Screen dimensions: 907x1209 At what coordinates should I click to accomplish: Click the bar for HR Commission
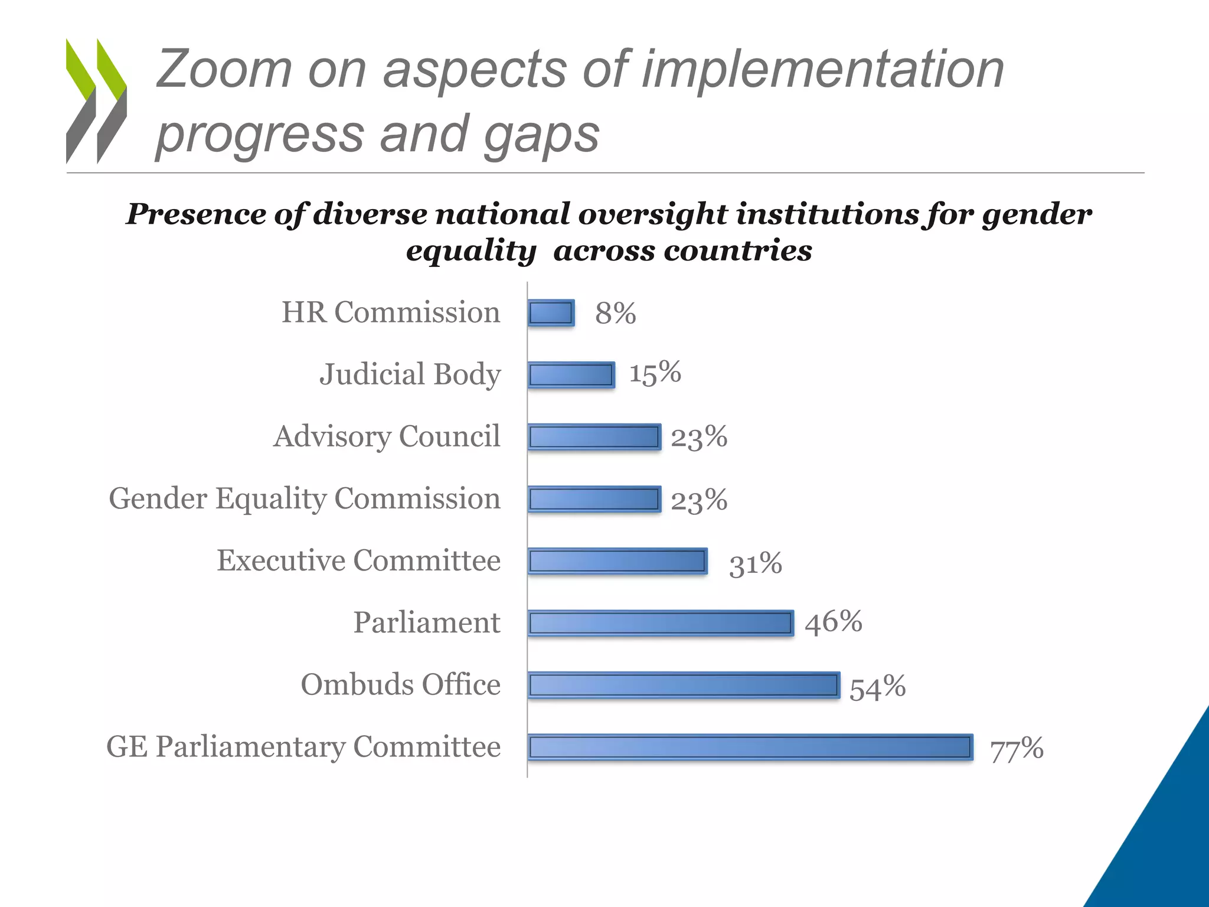click(551, 313)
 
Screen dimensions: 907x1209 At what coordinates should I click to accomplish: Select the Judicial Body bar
click(571, 375)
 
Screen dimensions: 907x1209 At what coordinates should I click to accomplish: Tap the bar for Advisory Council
click(594, 437)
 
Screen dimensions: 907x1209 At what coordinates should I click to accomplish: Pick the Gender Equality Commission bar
click(594, 499)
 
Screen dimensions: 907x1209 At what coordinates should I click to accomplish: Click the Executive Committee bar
click(617, 561)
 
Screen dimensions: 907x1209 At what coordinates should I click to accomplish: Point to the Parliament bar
click(661, 624)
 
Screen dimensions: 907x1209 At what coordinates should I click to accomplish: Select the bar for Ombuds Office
click(684, 686)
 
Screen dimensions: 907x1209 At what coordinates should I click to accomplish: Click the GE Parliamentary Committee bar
click(750, 748)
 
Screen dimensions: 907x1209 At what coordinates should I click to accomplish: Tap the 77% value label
click(1017, 749)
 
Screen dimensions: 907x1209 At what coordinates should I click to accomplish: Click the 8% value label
click(615, 313)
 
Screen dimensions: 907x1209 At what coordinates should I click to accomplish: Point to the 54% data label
click(877, 687)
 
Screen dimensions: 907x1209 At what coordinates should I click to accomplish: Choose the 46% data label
click(833, 622)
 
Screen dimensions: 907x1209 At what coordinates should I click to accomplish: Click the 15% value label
click(655, 373)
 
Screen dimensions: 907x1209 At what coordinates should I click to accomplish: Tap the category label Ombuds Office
click(400, 684)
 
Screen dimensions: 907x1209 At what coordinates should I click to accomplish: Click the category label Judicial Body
click(410, 374)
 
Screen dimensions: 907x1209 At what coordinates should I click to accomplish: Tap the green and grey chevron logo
click(96, 100)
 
